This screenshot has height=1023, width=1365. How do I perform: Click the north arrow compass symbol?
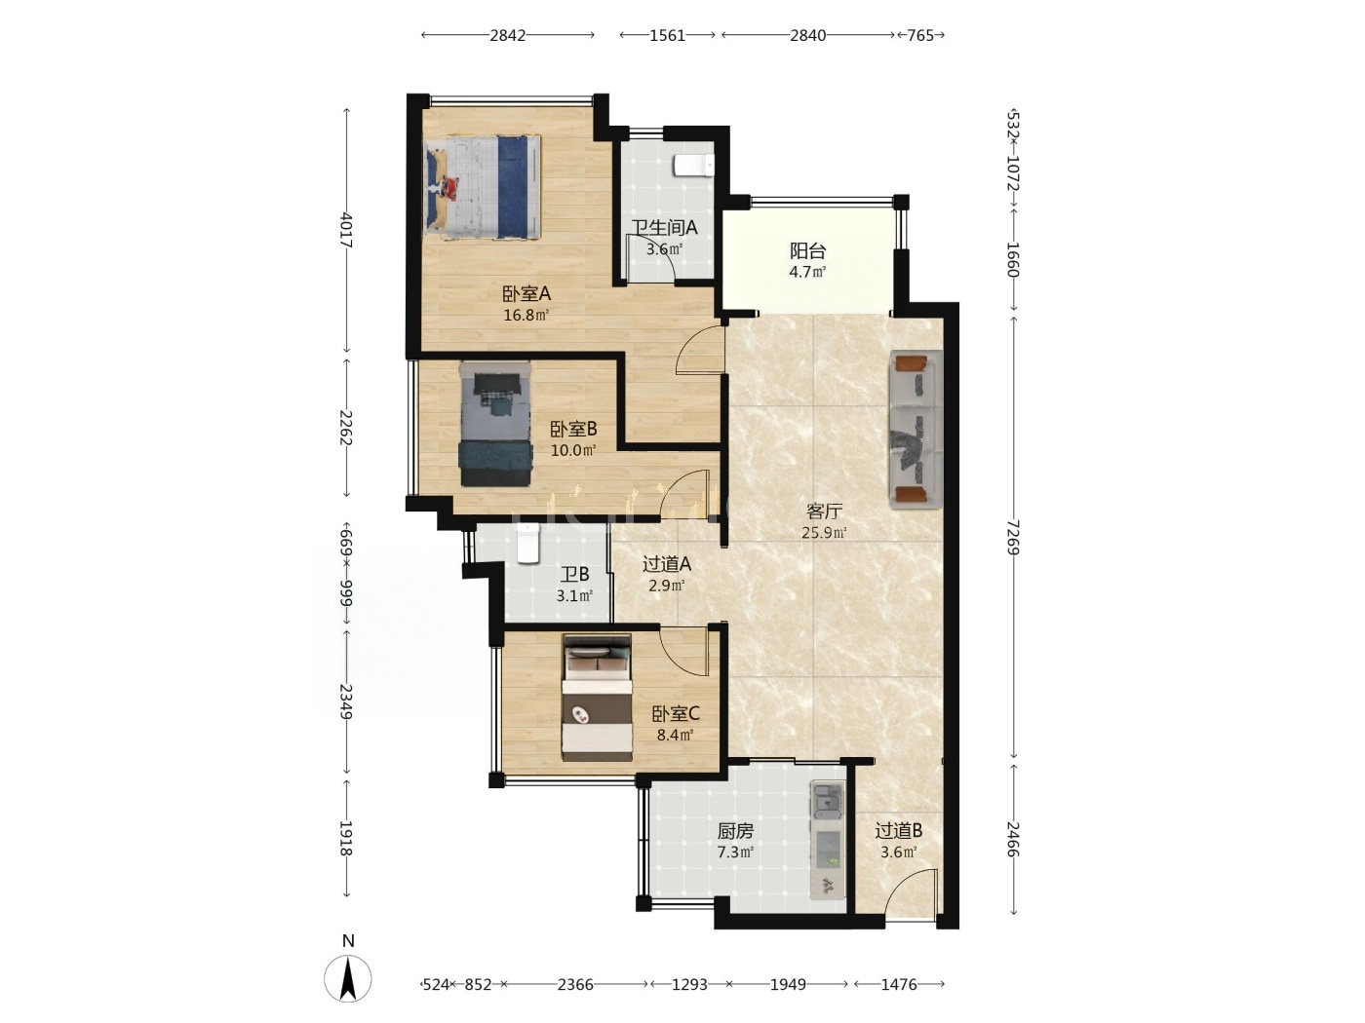348,978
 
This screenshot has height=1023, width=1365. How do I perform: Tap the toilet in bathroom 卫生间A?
693,166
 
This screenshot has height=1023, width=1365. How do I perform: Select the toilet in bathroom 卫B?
527,543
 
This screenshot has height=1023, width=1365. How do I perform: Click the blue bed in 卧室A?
482,187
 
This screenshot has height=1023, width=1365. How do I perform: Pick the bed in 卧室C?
597,697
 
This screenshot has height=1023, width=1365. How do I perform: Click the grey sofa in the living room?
916,430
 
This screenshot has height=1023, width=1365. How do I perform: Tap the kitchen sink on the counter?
827,800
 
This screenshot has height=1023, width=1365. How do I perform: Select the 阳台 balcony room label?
808,251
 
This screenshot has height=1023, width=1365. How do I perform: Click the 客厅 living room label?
824,511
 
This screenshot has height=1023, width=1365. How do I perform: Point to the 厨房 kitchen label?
736,830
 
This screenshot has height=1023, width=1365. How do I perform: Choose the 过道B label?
899,830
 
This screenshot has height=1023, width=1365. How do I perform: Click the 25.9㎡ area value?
824,532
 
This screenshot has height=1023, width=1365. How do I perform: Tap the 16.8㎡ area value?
526,315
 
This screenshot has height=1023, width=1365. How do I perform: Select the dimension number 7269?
1013,537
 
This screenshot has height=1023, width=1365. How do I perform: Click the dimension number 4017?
346,230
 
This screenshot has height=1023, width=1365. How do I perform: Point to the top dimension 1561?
667,35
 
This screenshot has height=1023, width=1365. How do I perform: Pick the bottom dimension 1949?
788,984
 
